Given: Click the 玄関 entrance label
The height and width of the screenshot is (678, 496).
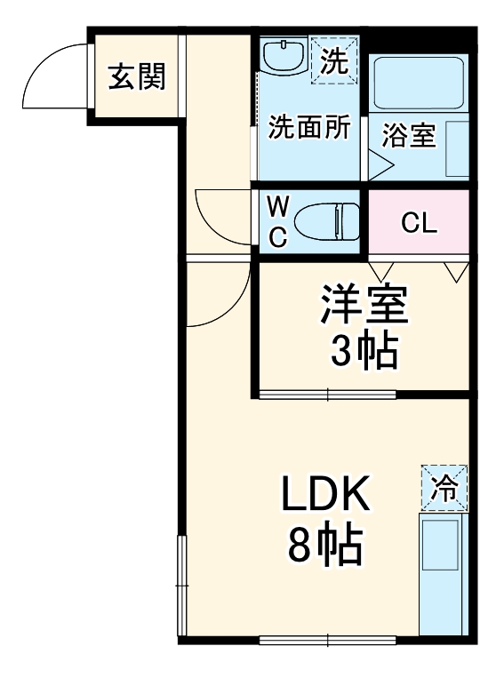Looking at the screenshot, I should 137,77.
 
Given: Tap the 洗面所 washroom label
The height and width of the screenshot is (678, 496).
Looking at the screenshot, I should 309,128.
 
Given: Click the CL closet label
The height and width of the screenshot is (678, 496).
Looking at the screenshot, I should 419,223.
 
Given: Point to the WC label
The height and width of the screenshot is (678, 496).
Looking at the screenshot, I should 278,222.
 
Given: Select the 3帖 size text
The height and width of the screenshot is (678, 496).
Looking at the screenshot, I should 364,353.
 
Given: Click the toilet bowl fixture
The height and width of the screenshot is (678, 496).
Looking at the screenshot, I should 325,221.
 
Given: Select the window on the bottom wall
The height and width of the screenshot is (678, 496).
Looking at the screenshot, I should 328,639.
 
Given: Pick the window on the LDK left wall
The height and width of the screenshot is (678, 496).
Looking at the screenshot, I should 182,586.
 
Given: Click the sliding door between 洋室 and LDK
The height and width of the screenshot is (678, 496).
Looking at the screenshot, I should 329,394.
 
